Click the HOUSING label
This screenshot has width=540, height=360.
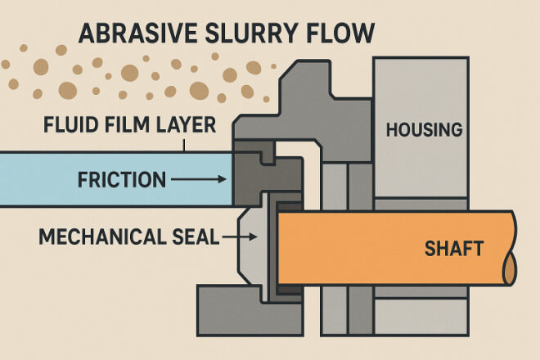(424, 129)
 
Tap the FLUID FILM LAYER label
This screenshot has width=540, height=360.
(129, 127)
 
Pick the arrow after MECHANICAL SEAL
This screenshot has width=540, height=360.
(242, 238)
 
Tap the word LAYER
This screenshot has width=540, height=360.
(191, 127)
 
